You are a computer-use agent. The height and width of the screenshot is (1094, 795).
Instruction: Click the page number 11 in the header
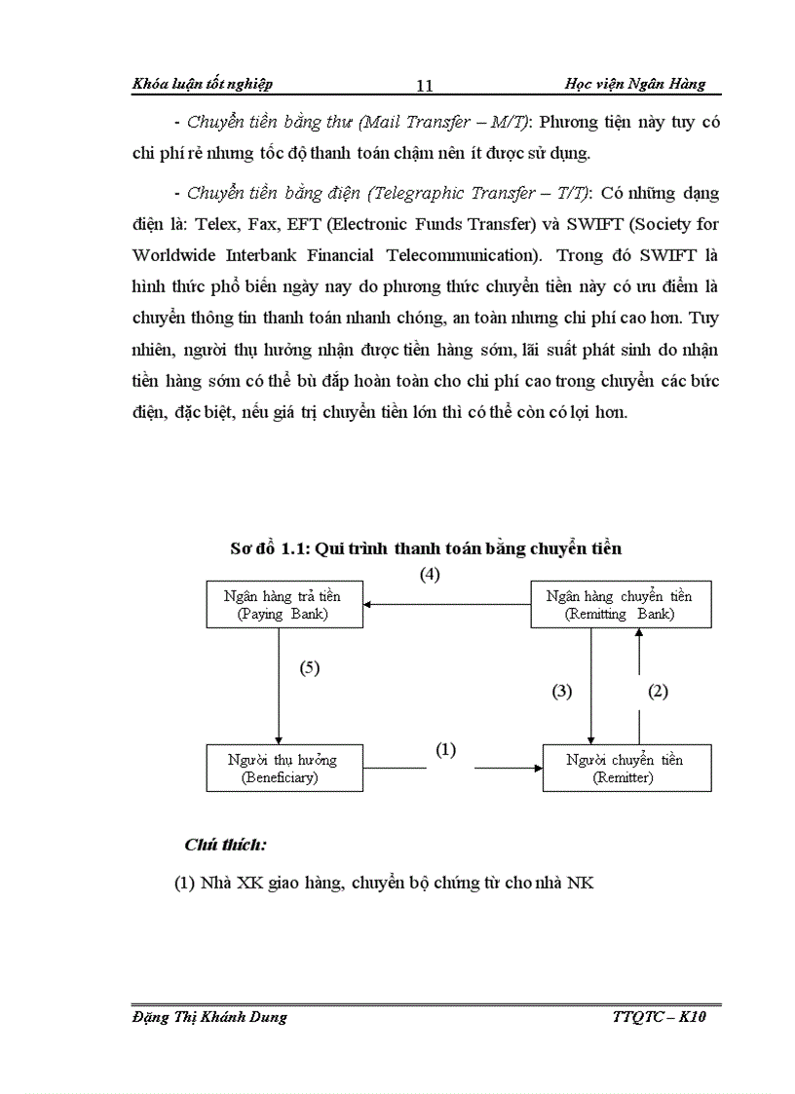point(424,86)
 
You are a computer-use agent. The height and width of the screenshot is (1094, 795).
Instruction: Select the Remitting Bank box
point(620,604)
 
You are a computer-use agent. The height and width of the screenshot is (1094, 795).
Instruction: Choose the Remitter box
point(625,768)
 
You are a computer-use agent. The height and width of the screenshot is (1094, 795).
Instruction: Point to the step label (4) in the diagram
point(430,574)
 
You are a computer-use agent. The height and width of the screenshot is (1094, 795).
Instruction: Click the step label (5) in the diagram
point(310,668)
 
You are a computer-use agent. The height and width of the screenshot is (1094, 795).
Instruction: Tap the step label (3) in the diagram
point(562,691)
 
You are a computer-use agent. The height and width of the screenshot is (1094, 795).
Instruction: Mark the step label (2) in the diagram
point(659,691)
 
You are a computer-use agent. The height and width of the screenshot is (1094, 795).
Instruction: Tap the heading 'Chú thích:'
point(225,844)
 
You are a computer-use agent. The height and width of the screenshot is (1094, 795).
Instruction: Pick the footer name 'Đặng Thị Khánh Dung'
point(208,1017)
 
